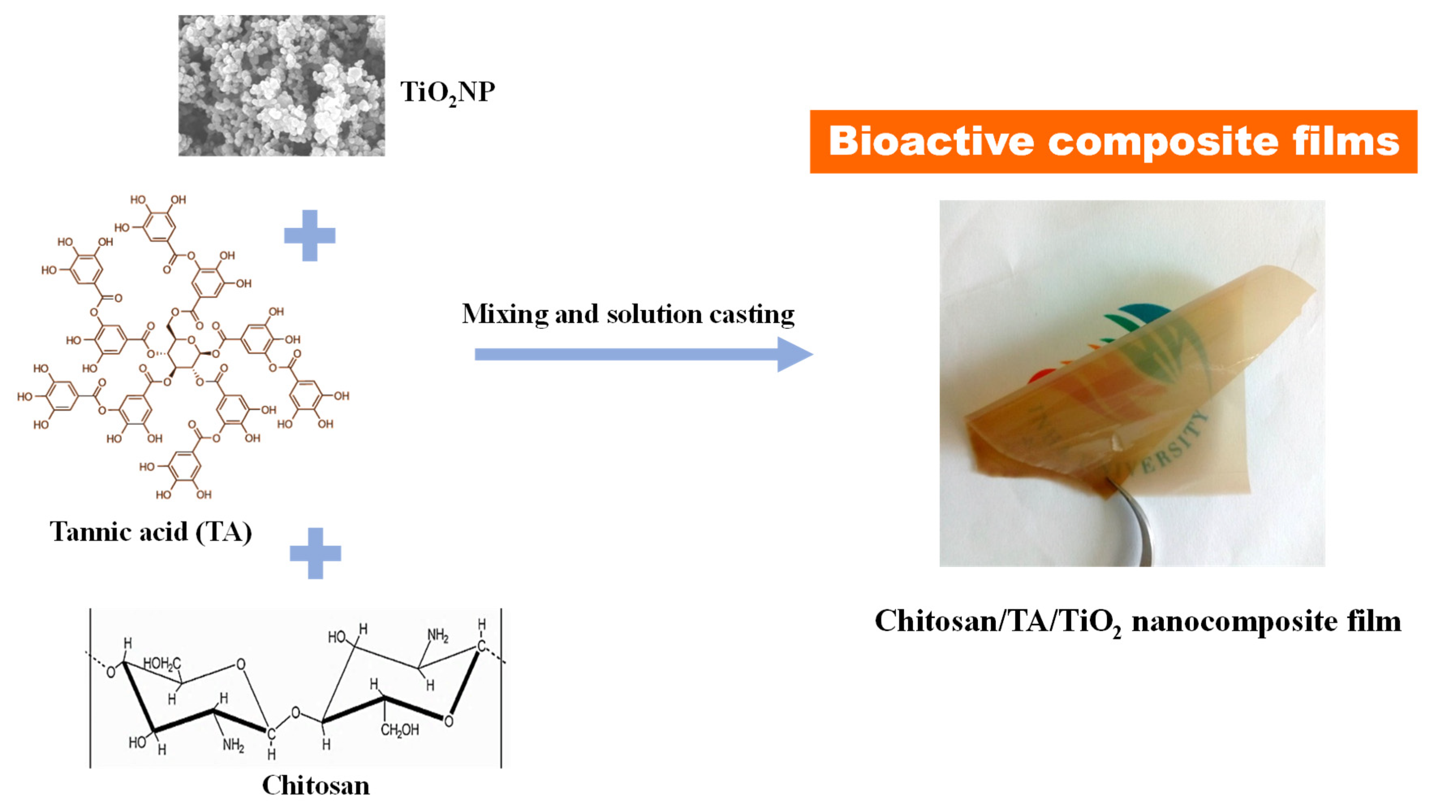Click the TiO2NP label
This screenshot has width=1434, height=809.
(x=447, y=91)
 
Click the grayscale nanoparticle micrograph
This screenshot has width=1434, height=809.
(x=281, y=85)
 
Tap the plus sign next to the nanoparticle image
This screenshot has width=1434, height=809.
(x=310, y=235)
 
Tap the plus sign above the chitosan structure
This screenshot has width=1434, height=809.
(x=315, y=553)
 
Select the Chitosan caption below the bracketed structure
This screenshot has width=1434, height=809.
(x=316, y=785)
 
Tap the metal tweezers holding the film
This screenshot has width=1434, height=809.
(x=1136, y=523)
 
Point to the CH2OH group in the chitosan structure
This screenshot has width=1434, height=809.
(x=400, y=730)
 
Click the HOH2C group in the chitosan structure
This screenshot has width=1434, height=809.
(x=162, y=663)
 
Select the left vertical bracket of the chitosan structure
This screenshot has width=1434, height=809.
(x=90, y=688)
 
